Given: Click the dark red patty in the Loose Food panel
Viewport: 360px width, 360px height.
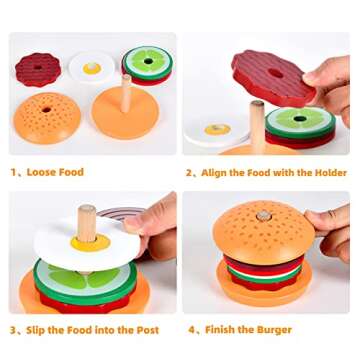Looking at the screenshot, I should point(38,70).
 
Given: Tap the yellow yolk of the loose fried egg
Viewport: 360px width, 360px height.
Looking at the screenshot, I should point(91,68).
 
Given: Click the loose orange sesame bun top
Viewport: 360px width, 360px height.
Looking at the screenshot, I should point(48,117).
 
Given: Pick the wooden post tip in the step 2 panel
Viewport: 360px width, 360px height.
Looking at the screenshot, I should point(257,105).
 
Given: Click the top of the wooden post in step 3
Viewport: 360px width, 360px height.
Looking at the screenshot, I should point(87,211).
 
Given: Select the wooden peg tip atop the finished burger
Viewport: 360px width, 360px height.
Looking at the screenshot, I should point(264,214).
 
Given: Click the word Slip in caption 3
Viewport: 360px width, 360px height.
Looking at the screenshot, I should point(39,329).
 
